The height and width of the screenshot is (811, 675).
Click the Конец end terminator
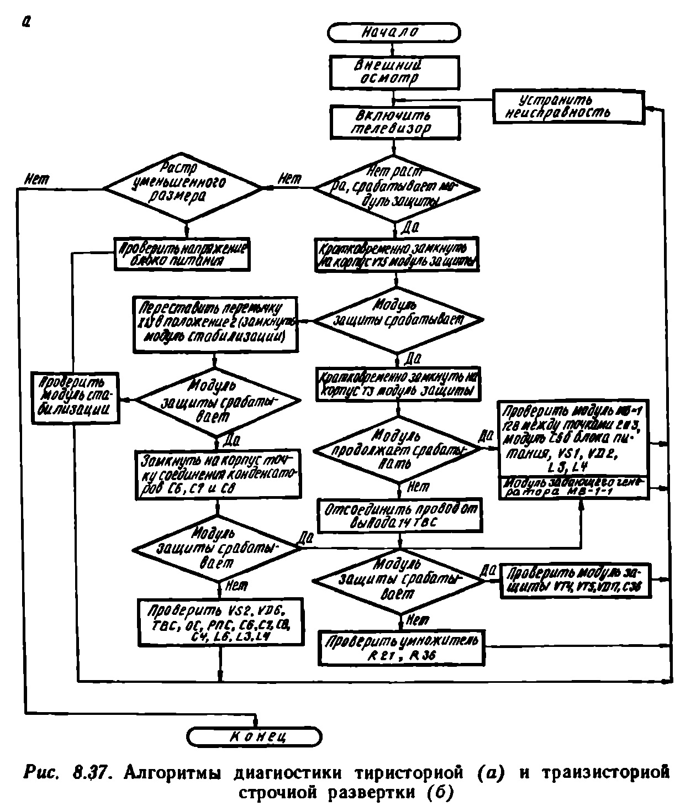(x=254, y=736)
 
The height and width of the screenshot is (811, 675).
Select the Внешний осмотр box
(x=394, y=72)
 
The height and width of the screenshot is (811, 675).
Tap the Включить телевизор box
(x=394, y=123)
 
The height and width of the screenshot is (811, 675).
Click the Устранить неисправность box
(x=568, y=107)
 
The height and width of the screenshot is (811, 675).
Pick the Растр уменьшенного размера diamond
(x=184, y=188)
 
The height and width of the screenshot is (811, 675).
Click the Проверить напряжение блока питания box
(x=181, y=254)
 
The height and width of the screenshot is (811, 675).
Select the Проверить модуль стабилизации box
(x=75, y=398)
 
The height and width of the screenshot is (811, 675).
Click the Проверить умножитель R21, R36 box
(x=402, y=648)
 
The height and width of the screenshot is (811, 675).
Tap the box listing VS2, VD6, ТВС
(x=220, y=622)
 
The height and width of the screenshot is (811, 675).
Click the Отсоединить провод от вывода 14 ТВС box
(x=398, y=515)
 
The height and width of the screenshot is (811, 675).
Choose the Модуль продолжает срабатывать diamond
(x=397, y=450)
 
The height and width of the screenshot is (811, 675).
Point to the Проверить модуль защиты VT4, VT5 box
(x=575, y=580)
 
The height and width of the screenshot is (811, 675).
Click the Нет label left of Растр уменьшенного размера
(x=36, y=180)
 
